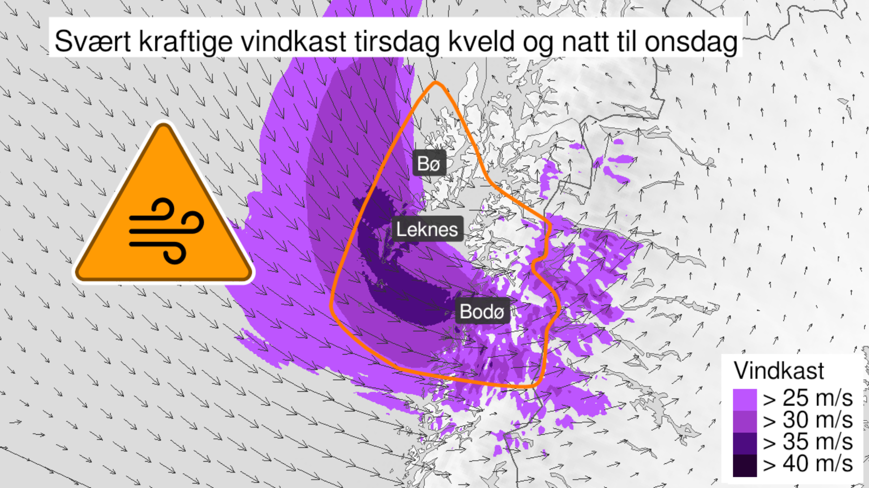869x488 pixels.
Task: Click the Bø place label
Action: point(429,164)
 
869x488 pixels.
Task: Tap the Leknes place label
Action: point(427,230)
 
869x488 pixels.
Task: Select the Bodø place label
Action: point(482,312)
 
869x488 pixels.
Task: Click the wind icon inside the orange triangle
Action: point(166,231)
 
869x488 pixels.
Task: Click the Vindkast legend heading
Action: point(779,371)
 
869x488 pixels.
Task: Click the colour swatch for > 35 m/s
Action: point(745,443)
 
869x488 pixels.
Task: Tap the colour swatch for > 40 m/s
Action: point(745,465)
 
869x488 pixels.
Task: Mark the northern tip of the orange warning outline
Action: point(435,83)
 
